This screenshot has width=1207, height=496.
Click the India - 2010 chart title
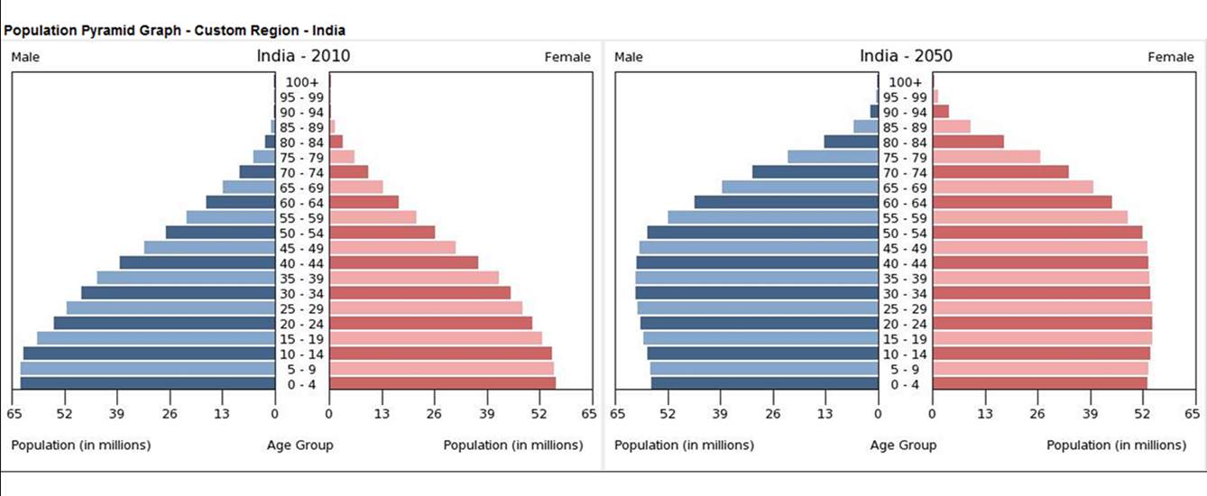click(x=303, y=56)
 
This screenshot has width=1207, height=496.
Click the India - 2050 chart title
click(x=906, y=56)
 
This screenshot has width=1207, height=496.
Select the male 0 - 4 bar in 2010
click(x=148, y=383)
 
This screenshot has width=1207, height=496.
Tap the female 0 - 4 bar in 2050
click(x=1039, y=383)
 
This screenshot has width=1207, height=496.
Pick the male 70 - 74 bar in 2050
click(x=815, y=172)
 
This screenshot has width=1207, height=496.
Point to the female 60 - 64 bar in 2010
click(x=364, y=202)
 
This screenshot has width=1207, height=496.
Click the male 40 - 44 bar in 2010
click(x=198, y=262)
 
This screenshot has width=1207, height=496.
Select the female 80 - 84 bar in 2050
click(x=968, y=142)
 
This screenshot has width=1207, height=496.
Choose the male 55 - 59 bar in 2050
click(x=772, y=217)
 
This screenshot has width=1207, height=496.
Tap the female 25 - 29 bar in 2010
click(x=426, y=308)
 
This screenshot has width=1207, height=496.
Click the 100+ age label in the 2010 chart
click(x=302, y=82)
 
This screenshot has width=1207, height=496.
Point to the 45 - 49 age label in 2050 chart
click(x=905, y=248)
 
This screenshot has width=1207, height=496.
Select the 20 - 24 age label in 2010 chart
click(x=302, y=323)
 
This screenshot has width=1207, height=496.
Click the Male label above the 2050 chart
click(x=629, y=58)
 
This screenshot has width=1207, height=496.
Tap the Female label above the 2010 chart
click(x=567, y=58)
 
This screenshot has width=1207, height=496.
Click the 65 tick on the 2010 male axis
click(x=13, y=414)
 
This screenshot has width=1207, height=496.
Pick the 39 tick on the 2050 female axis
click(x=1091, y=414)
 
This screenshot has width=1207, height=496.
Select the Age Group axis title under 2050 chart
click(x=903, y=445)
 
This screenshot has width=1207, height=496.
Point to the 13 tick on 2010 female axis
click(x=382, y=414)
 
